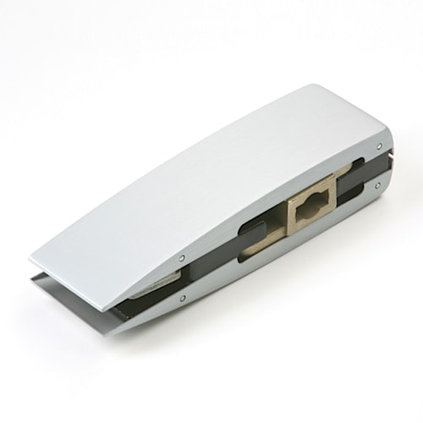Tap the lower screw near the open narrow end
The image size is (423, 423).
coord(181,298)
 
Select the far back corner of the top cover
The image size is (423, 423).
coord(317,86)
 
